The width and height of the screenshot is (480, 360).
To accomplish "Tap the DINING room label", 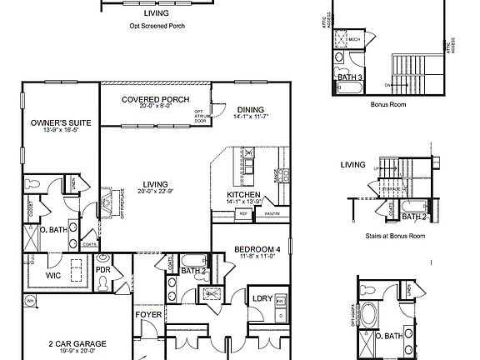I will (250, 109).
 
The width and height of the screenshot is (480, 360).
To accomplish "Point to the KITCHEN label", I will (245, 195).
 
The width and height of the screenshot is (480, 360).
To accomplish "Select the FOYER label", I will (148, 315).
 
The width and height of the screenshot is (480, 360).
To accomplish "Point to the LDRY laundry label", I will (263, 298).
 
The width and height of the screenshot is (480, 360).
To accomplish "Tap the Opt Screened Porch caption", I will (157, 25).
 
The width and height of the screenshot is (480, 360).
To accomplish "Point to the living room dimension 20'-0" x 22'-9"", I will (155, 192).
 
